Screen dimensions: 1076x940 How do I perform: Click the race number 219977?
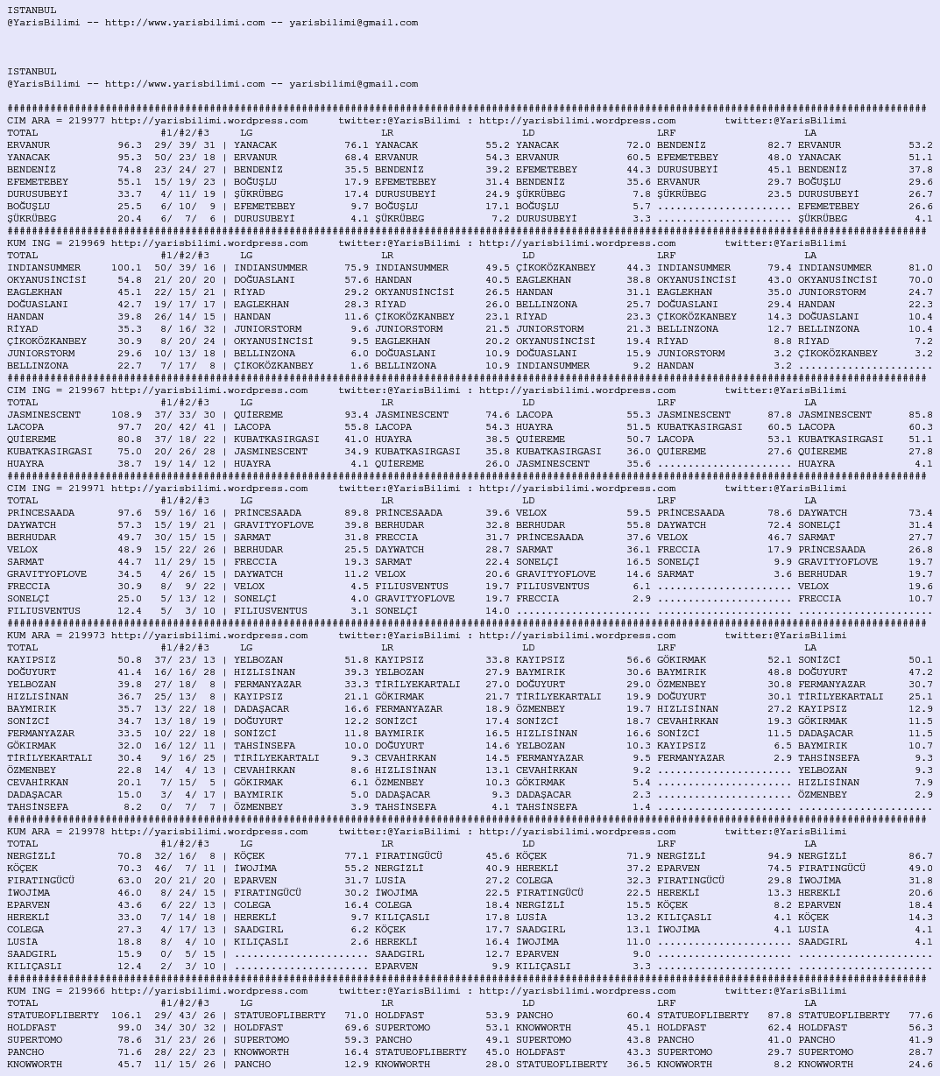(x=87, y=121)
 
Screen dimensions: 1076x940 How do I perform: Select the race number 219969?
(x=87, y=243)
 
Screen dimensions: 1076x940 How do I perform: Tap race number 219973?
(x=87, y=636)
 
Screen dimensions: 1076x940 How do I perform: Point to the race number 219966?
(x=87, y=991)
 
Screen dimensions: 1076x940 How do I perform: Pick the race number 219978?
(x=87, y=832)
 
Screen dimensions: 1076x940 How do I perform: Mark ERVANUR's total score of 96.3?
(x=130, y=145)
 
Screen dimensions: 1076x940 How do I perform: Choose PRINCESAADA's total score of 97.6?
(x=130, y=513)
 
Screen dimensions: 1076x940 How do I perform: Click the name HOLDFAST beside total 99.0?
(x=32, y=1028)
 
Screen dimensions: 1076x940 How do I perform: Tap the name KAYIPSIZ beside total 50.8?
(x=32, y=660)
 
